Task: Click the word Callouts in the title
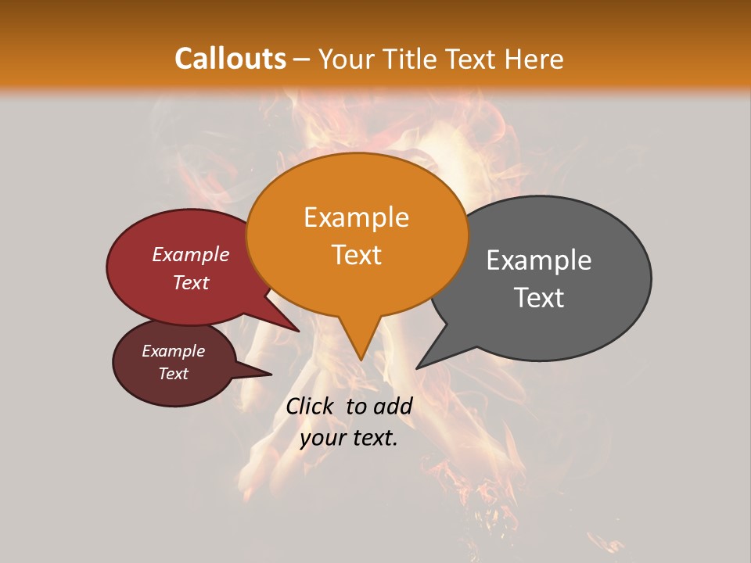[x=230, y=59]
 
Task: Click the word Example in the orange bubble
[x=357, y=217]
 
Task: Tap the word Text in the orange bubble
[x=357, y=255]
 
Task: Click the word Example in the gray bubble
[x=539, y=260]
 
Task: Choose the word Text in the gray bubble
[x=539, y=298]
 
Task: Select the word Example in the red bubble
[x=191, y=254]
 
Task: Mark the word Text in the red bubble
[x=191, y=283]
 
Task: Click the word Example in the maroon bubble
[x=174, y=351]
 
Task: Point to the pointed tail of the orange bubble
[x=361, y=348]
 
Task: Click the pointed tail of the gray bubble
[x=426, y=360]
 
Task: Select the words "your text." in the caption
[x=349, y=439]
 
